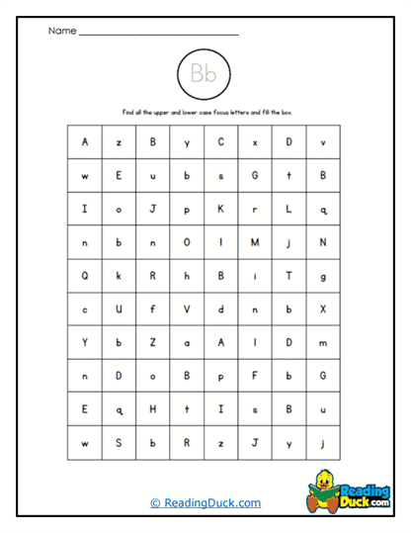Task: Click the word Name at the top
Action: pos(61,31)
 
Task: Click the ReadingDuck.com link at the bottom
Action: pos(205,502)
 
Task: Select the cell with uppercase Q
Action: pos(85,276)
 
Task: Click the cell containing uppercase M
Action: pos(255,242)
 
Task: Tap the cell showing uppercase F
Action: pos(255,376)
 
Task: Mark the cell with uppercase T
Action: pos(288,276)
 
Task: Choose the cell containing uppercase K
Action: pos(220,209)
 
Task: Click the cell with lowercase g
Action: pos(323,276)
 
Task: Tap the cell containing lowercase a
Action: pos(187,342)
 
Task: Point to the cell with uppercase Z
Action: pos(153,342)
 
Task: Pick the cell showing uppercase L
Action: pos(288,209)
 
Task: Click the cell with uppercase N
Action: pos(323,242)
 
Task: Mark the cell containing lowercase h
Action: pos(187,276)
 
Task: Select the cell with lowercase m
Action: pos(323,342)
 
